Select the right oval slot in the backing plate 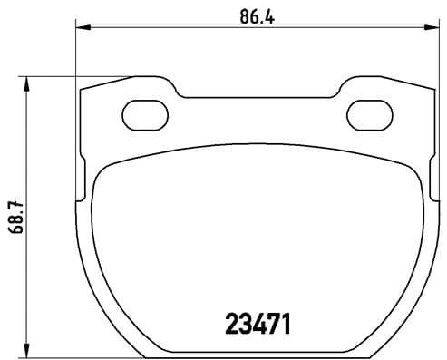click(368, 114)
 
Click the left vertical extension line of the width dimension click(74, 54)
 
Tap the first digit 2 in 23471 click(231, 322)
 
